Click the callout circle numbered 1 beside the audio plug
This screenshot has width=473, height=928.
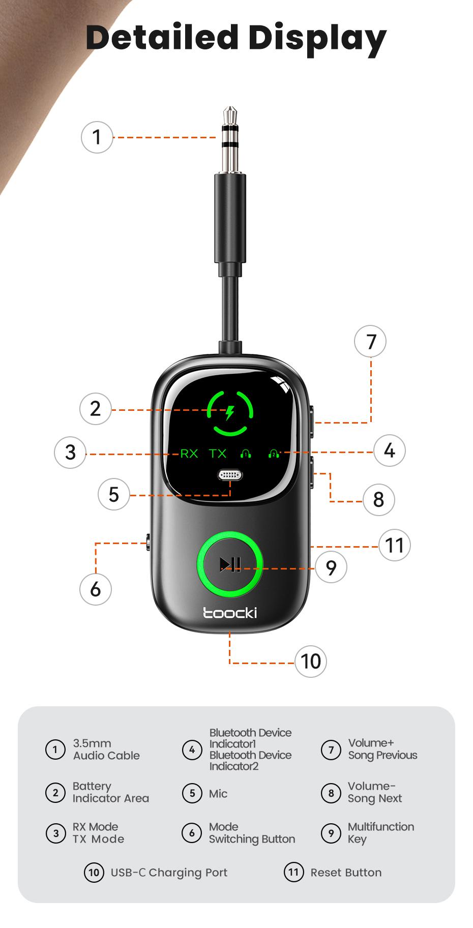(97, 137)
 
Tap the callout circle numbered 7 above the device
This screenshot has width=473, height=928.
(370, 341)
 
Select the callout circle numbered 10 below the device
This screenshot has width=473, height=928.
(311, 662)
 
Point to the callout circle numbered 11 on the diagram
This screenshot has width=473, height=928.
(395, 545)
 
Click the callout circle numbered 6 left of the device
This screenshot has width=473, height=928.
(96, 589)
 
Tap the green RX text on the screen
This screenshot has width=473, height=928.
(189, 453)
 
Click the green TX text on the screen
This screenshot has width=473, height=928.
(218, 453)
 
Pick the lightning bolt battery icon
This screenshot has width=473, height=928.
(230, 412)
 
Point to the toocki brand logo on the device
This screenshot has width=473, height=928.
(230, 613)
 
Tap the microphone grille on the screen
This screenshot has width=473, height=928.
(230, 475)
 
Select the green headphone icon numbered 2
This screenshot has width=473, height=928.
(274, 453)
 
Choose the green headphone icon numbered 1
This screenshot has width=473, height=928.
(246, 453)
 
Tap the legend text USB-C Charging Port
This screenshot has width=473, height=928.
(169, 873)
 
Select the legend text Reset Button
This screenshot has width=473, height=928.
(346, 873)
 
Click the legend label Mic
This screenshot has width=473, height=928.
(218, 794)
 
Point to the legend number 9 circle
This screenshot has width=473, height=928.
(331, 833)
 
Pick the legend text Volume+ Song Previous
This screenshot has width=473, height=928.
(382, 749)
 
